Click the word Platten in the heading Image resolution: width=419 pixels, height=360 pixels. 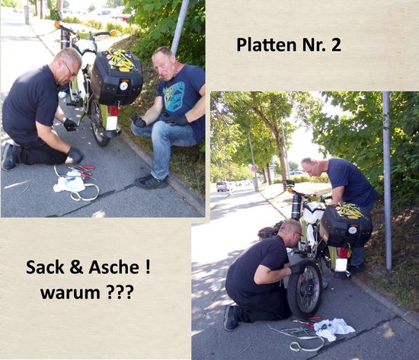[267, 45]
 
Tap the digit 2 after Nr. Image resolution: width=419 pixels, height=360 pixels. [336, 45]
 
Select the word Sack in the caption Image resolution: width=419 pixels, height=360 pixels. [45, 267]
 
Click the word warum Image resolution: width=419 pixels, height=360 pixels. [70, 293]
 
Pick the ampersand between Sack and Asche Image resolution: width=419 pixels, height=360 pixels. [76, 267]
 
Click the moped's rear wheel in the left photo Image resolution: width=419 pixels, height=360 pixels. [98, 122]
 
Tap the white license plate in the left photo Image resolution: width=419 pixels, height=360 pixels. [112, 123]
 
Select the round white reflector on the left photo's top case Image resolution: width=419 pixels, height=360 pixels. [123, 86]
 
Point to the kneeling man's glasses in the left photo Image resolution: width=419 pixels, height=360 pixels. [70, 69]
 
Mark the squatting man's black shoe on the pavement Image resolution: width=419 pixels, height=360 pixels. [152, 181]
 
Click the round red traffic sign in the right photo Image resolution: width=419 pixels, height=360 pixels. [254, 168]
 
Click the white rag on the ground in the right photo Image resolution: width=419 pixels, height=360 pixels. [334, 329]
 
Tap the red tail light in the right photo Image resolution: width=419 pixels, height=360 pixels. [343, 253]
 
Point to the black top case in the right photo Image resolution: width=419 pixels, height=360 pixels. [346, 227]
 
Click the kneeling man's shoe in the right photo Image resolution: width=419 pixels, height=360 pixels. [232, 317]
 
